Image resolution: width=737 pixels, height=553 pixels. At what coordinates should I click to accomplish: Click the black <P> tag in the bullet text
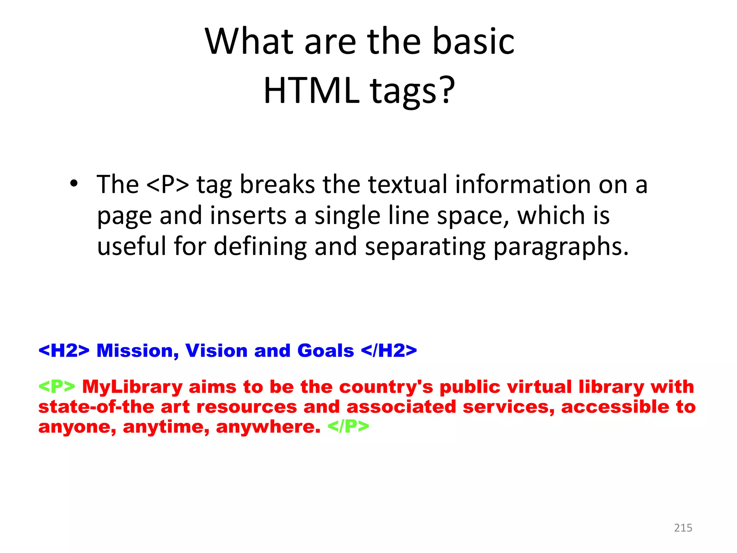(x=168, y=184)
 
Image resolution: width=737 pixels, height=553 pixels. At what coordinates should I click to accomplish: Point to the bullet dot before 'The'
(x=74, y=184)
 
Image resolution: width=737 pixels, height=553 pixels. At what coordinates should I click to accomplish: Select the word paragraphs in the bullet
(x=561, y=247)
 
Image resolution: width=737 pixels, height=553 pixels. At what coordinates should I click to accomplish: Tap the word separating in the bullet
(x=425, y=247)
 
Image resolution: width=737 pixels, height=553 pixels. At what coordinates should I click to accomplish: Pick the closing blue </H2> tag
(x=389, y=351)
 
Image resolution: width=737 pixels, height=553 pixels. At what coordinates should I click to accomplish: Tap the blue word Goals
(x=325, y=351)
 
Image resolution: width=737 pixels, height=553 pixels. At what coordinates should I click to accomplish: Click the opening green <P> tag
(x=57, y=387)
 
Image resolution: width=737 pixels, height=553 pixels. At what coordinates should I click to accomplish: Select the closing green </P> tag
(x=348, y=427)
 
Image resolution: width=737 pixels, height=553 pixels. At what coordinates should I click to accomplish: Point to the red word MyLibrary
(x=132, y=387)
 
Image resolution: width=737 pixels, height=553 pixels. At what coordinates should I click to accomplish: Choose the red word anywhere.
(x=268, y=427)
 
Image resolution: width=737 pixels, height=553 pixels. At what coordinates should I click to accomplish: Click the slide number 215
(x=683, y=528)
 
